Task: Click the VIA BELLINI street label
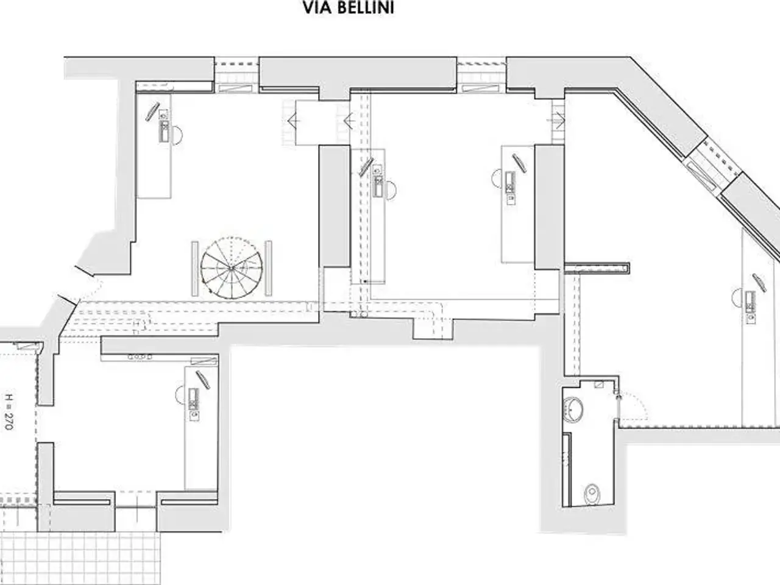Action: coord(348,8)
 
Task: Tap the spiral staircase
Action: coord(232,268)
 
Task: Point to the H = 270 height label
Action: coord(9,411)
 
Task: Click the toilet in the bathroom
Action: coord(592,494)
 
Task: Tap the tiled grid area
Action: coord(80,558)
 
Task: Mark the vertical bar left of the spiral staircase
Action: coord(195,269)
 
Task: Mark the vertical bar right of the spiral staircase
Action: coord(269,268)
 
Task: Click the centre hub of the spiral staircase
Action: coord(232,268)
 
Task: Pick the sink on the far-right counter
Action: coord(750,302)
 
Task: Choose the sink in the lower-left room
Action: coord(193,399)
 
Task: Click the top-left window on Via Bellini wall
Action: coord(236,76)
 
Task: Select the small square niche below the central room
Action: coord(433,328)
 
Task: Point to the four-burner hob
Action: coord(140,356)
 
